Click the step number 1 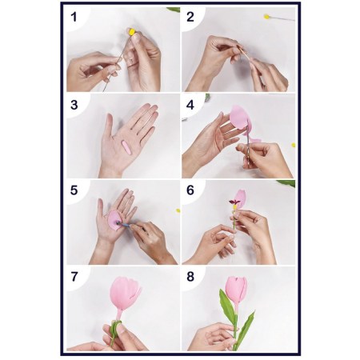[x=74, y=17]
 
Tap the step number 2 [x=190, y=17]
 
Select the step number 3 [x=74, y=105]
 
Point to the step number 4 [x=190, y=105]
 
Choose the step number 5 [x=74, y=190]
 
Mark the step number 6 [x=190, y=190]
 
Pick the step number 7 [x=74, y=277]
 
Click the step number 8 [x=190, y=277]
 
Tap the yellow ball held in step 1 [x=132, y=32]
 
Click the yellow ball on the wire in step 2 [x=266, y=17]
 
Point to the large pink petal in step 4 [x=240, y=118]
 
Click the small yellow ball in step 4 [x=294, y=145]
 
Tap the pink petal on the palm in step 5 [x=114, y=220]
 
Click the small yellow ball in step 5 [x=178, y=210]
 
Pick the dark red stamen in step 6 [x=234, y=202]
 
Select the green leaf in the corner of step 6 [x=286, y=183]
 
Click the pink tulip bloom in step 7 [x=124, y=294]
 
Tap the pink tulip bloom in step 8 [x=236, y=290]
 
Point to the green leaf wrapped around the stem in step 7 [x=114, y=332]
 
